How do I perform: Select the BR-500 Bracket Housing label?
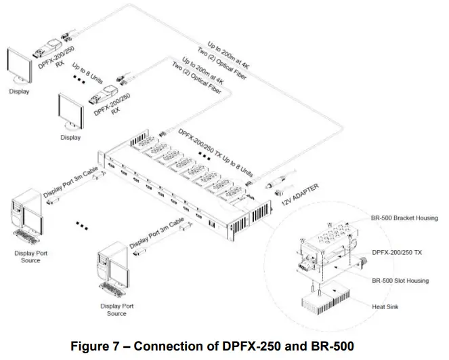click(x=404, y=218)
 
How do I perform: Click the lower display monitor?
click(x=70, y=111)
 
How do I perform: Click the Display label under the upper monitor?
click(x=19, y=92)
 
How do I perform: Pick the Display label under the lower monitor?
click(x=70, y=138)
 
